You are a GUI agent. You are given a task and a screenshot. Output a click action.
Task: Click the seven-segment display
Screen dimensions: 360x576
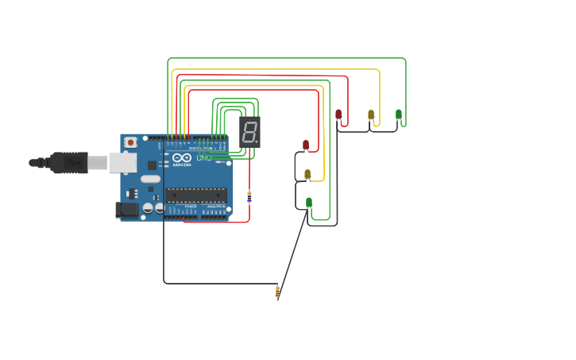pyautogui.click(x=249, y=132)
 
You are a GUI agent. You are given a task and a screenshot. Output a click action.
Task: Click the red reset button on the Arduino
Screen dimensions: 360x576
pyautogui.click(x=130, y=142)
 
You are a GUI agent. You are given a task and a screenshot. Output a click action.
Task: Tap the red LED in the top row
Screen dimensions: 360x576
pyautogui.click(x=338, y=114)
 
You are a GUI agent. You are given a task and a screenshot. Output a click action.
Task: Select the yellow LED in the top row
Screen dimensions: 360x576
pyautogui.click(x=371, y=114)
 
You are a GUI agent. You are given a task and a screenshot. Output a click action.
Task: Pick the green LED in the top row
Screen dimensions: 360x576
pyautogui.click(x=399, y=114)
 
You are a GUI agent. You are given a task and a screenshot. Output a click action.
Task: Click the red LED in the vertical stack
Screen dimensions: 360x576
pyautogui.click(x=306, y=145)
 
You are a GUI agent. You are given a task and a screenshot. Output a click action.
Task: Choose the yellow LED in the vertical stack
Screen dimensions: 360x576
pyautogui.click(x=307, y=174)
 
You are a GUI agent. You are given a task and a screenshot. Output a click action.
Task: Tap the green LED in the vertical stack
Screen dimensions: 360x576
pyautogui.click(x=309, y=202)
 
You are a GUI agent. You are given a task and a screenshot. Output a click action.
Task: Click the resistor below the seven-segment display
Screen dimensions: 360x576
pyautogui.click(x=249, y=196)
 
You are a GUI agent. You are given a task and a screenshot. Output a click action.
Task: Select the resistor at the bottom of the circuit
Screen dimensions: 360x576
pyautogui.click(x=277, y=292)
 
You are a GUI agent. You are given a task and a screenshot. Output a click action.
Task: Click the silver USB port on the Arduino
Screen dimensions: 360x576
pyautogui.click(x=122, y=163)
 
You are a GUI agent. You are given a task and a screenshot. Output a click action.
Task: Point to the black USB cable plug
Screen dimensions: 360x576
pyautogui.click(x=69, y=162)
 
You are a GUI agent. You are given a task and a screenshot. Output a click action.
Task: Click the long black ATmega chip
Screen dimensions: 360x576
pyautogui.click(x=196, y=195)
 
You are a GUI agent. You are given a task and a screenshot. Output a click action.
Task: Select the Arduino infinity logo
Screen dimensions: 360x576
pyautogui.click(x=181, y=157)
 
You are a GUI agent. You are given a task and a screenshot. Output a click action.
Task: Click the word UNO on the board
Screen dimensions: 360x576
pyautogui.click(x=204, y=157)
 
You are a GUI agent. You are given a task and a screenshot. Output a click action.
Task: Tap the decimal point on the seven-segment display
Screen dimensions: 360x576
pyautogui.click(x=257, y=143)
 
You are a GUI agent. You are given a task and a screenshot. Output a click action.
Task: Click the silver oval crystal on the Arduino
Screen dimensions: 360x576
pyautogui.click(x=151, y=179)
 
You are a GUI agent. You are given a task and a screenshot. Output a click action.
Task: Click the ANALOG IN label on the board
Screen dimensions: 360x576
pyautogui.click(x=214, y=207)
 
